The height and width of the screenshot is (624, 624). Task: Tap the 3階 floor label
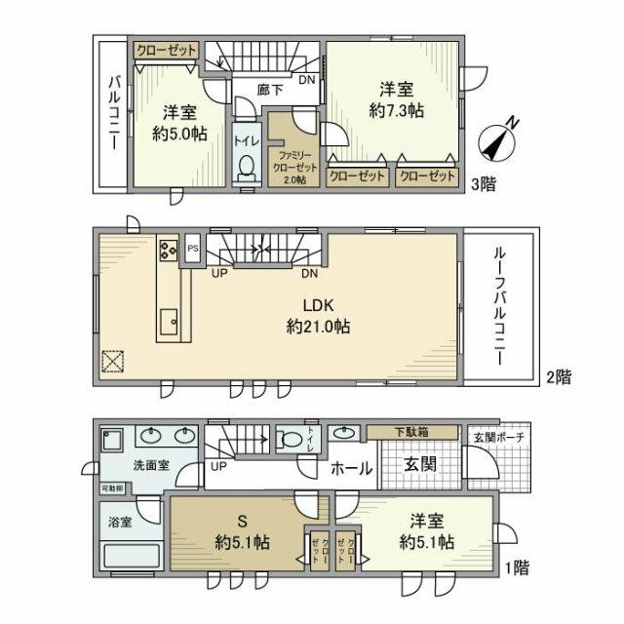(484, 183)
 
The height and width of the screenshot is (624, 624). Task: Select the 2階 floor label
(558, 377)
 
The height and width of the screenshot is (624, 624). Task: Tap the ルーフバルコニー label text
(497, 305)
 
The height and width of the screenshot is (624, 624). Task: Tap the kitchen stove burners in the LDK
(166, 250)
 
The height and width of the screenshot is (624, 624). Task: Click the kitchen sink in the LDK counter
(169, 319)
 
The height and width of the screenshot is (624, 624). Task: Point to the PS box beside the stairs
(193, 248)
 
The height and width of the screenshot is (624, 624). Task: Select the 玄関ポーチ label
(496, 438)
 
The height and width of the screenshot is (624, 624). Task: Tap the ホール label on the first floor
(349, 469)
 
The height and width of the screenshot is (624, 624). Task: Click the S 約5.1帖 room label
(241, 532)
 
